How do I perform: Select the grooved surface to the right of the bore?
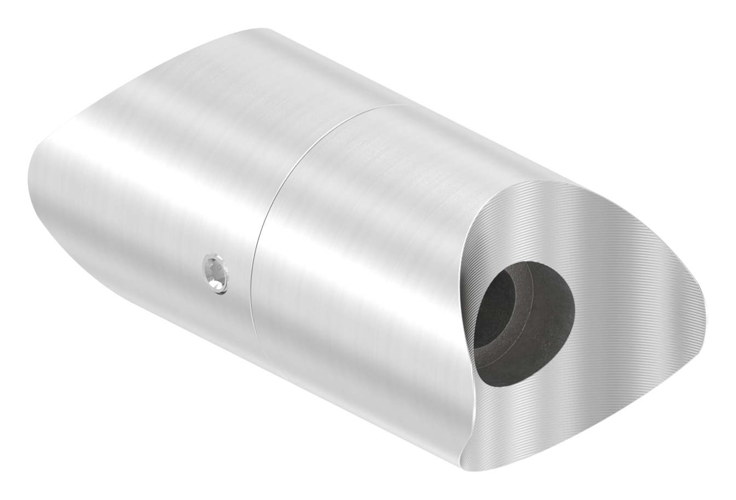(x=629, y=306)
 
